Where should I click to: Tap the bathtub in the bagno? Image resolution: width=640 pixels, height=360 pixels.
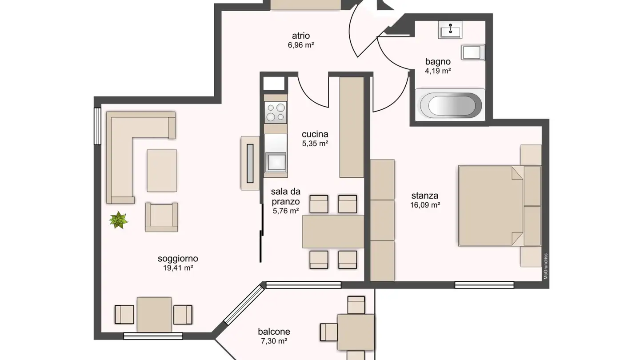(450, 105)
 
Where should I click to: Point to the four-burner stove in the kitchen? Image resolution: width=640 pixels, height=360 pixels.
(275, 112)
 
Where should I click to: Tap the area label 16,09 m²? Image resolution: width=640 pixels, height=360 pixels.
(425, 205)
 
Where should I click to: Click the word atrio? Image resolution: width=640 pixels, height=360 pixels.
(301, 36)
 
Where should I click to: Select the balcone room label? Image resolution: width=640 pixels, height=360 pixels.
(274, 332)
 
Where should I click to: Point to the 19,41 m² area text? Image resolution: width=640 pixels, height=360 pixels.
(178, 268)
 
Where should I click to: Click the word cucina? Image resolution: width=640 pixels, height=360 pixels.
(315, 134)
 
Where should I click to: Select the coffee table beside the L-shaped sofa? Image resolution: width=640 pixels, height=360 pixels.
(162, 171)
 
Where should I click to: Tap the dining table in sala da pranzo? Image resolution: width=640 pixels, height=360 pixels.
(333, 231)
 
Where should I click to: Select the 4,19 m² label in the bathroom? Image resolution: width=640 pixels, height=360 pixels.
(438, 70)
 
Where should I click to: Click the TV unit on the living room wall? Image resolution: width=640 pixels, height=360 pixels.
(250, 163)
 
